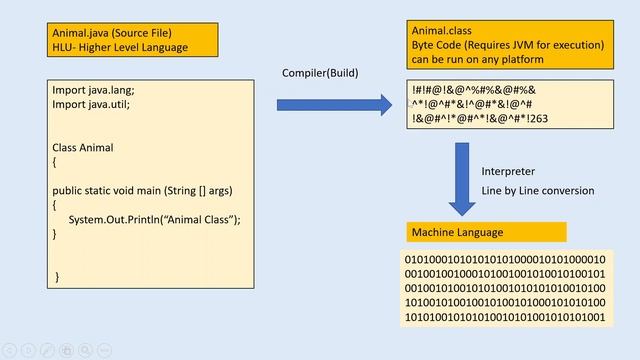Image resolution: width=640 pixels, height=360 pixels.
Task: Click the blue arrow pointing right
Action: pyautogui.click(x=334, y=104)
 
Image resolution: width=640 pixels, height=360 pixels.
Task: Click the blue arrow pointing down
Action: pyautogui.click(x=462, y=177)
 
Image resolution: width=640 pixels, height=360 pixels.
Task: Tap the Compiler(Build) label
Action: pyautogui.click(x=321, y=74)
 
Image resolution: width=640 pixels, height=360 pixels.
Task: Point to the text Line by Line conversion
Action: pyautogui.click(x=538, y=191)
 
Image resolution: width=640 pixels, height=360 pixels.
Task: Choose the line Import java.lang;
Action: pyautogui.click(x=92, y=89)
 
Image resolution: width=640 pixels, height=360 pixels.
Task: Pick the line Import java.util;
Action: pyautogui.click(x=91, y=103)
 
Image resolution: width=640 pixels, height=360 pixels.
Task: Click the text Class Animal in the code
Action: pyautogui.click(x=83, y=147)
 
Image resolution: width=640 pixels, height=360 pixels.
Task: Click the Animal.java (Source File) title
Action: pyautogui.click(x=110, y=32)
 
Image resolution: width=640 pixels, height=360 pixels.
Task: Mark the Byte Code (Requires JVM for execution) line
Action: pyautogui.click(x=508, y=45)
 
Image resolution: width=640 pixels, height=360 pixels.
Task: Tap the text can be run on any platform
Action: pyautogui.click(x=477, y=59)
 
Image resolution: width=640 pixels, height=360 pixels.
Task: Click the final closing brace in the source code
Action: pyautogui.click(x=57, y=276)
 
